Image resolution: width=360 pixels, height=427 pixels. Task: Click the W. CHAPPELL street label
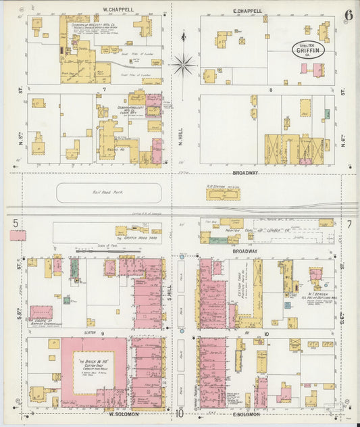[x=118, y=10]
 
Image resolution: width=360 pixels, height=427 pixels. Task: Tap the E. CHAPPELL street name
[x=247, y=11]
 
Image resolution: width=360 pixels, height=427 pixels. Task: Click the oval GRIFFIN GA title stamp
[x=308, y=49]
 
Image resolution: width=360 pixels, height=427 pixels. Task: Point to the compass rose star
[x=182, y=66]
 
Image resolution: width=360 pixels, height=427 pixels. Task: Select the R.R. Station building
[x=223, y=194]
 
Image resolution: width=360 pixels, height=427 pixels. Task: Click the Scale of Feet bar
[x=108, y=251]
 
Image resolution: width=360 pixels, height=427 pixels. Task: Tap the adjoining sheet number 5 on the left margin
[x=14, y=222]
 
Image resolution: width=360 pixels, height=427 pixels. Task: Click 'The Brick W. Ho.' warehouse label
[x=95, y=364]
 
